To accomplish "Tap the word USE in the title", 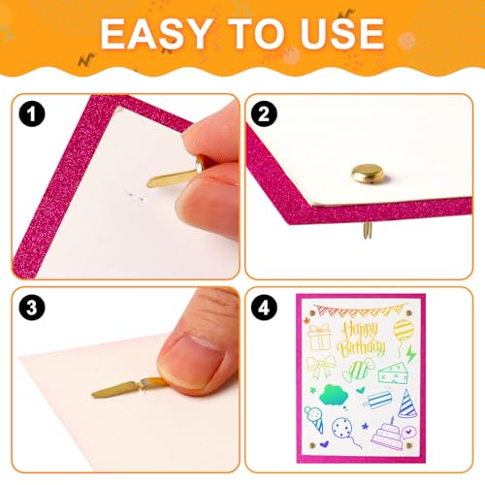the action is click(342, 34).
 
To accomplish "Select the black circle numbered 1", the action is click(32, 113).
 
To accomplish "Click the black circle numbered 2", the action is click(264, 113).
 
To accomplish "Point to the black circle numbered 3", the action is click(32, 307).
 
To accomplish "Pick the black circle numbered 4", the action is click(264, 307).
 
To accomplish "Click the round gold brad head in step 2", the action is click(368, 174).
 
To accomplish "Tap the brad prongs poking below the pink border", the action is click(367, 231).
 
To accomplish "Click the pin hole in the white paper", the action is click(135, 197).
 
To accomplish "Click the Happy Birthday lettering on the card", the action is click(361, 339).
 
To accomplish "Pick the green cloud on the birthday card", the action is click(334, 395).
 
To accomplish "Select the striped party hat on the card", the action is click(407, 404).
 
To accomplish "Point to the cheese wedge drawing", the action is click(393, 372).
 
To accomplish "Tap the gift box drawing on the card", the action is click(319, 338).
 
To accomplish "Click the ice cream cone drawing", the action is click(314, 419).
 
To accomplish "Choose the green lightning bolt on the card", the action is click(411, 354).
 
